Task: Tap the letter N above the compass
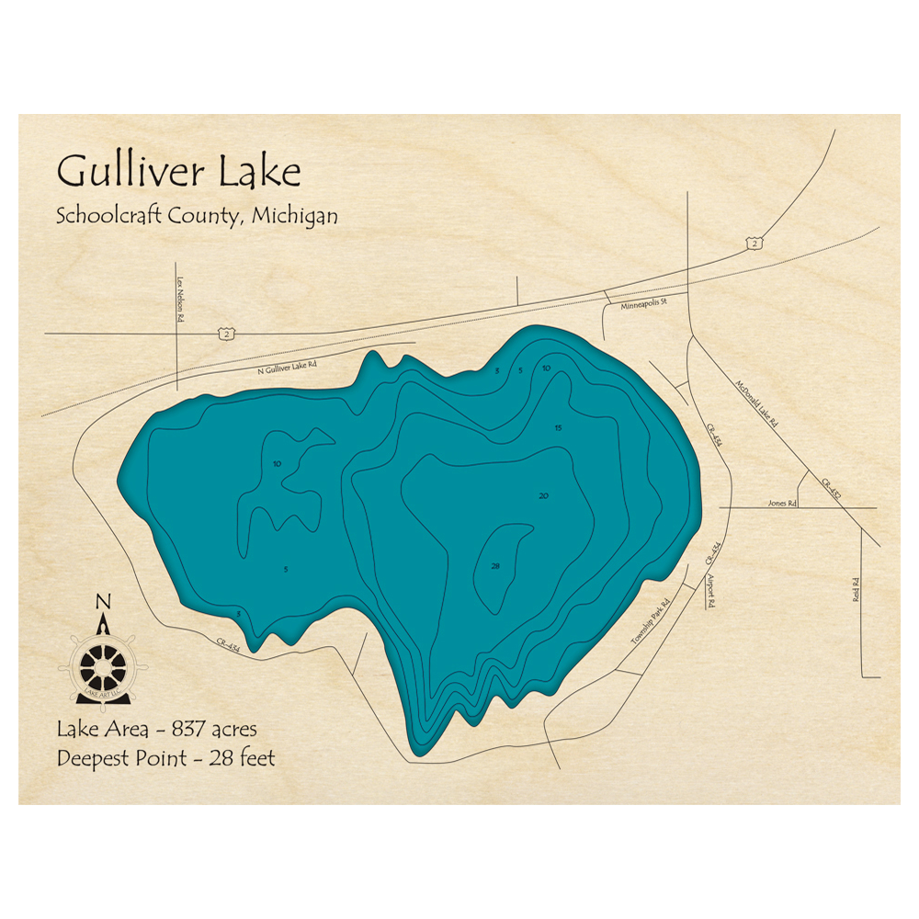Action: (x=103, y=602)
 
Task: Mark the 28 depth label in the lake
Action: (x=495, y=566)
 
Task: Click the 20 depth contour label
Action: (x=544, y=496)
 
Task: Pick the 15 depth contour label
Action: (x=558, y=428)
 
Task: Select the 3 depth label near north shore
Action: (x=497, y=371)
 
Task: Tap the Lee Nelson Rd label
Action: (x=180, y=300)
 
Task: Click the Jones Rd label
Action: (x=778, y=504)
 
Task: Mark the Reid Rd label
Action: (x=856, y=589)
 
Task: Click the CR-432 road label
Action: (x=830, y=486)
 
